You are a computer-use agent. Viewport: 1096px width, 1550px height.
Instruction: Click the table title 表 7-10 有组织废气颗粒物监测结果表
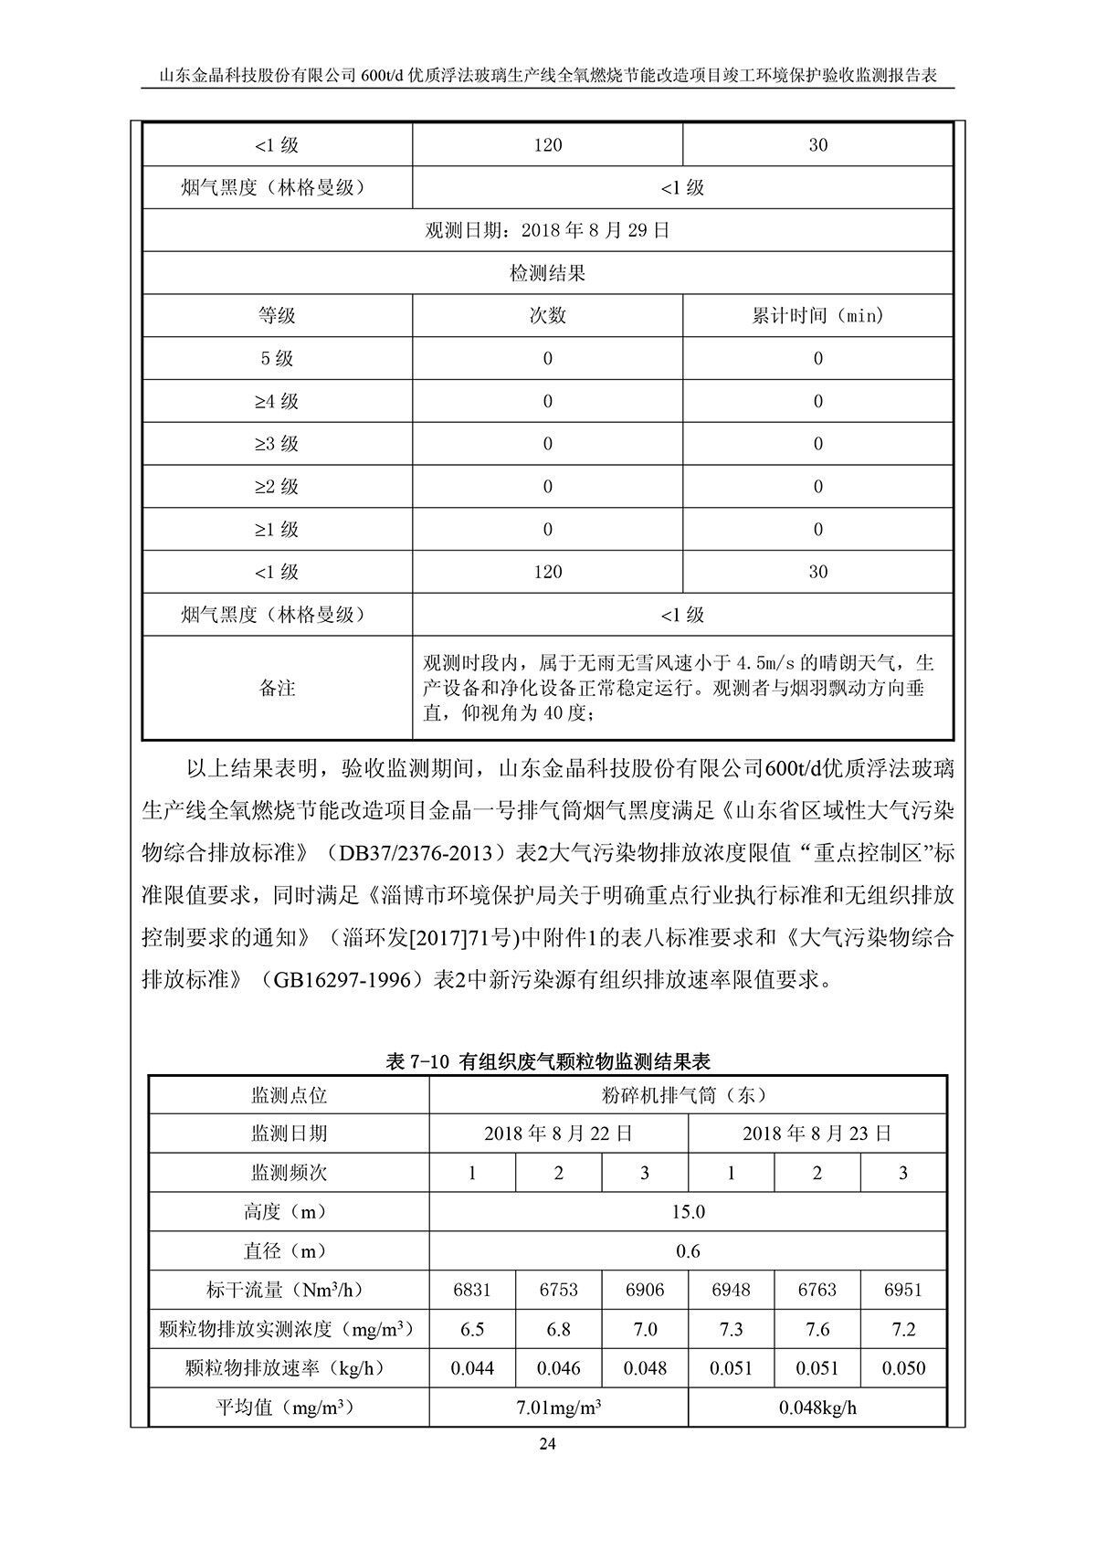548,1061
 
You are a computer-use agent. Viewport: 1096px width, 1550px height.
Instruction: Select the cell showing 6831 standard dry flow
472,1291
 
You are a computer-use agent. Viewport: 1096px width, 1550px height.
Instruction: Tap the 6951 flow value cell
903,1291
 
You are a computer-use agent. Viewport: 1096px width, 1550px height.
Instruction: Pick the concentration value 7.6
817,1330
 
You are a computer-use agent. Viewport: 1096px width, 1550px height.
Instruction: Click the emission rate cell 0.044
472,1369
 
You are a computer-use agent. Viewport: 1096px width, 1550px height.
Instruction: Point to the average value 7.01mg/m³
558,1408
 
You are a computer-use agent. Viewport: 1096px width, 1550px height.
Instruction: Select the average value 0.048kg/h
817,1408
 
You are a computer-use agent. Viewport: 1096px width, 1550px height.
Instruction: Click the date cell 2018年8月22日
558,1134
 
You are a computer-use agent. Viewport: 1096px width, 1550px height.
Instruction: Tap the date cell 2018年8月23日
817,1134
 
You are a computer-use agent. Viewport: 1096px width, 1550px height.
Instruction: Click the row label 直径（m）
289,1251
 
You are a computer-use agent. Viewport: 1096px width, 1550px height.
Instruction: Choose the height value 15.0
688,1212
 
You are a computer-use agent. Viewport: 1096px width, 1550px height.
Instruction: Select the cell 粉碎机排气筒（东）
688,1094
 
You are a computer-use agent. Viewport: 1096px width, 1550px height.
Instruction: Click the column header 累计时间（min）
817,316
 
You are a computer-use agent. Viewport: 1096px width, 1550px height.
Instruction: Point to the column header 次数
548,316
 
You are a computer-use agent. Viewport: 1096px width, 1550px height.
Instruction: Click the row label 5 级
277,359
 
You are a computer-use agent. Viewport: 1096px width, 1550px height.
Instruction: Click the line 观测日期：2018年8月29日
548,230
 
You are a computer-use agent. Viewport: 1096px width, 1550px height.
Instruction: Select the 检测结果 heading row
548,273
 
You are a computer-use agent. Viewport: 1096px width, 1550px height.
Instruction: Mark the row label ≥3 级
277,444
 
